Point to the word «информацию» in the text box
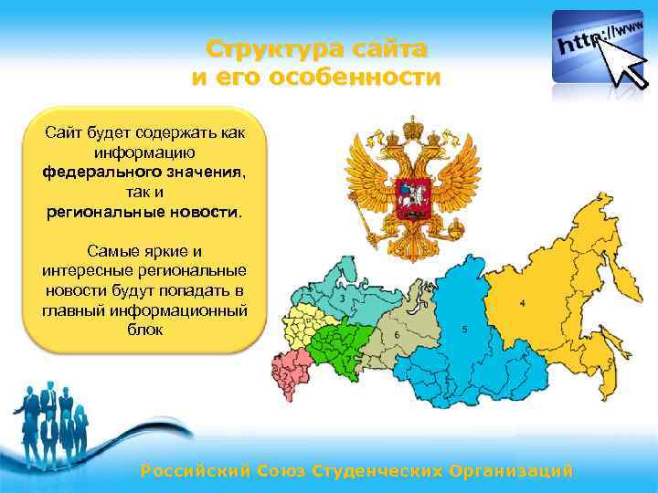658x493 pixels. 145,152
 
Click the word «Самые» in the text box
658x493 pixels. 110,250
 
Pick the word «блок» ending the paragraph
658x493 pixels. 145,330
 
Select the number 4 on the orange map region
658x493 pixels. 522,302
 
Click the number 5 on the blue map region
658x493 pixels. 464,329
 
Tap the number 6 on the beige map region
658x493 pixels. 397,336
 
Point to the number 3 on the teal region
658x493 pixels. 342,298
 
